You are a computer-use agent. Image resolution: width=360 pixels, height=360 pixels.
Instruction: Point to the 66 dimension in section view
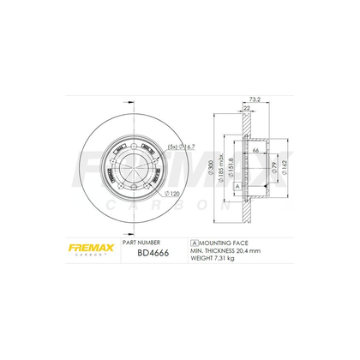(255, 148)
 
